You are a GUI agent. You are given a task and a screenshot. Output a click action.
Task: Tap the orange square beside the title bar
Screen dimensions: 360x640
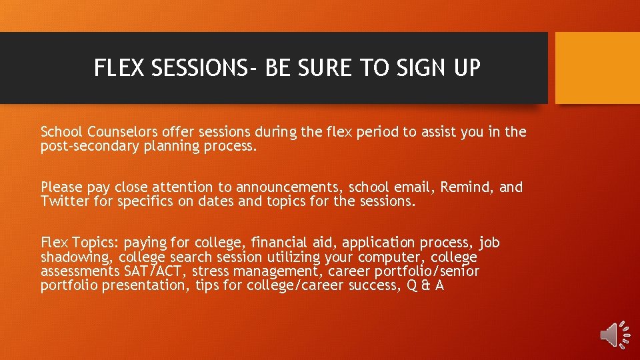pos(597,68)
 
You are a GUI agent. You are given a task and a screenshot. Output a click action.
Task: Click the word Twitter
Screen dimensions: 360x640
pos(65,201)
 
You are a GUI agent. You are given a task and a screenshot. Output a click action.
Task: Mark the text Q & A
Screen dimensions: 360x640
pos(425,286)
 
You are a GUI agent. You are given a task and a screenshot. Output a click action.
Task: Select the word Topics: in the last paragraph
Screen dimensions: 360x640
pos(93,243)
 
